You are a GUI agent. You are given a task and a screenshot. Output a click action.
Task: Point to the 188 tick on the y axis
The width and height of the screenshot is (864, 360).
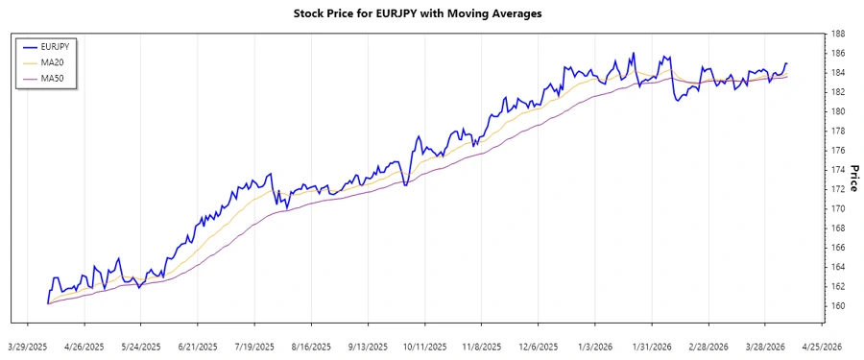pos(838,34)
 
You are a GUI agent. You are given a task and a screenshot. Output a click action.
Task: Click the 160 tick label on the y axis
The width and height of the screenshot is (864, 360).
pos(838,306)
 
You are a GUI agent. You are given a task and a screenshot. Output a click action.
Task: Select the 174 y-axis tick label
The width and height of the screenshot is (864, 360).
pos(838,170)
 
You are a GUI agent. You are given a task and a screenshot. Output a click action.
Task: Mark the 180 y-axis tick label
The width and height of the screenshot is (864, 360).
pos(838,111)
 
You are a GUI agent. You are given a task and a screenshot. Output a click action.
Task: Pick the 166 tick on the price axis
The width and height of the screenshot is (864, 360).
pos(838,248)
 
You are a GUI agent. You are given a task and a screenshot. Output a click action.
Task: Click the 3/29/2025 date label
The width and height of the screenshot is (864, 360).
pos(28,346)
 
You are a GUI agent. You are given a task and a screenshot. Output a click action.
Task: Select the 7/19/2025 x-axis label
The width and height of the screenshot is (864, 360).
pos(254,346)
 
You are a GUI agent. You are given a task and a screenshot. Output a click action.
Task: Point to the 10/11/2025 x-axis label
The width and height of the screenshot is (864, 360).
pos(423,346)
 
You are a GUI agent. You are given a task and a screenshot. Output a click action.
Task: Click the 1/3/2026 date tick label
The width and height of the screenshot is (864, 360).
pos(594,346)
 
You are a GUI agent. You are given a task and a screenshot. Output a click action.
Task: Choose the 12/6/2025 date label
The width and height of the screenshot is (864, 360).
pos(537,346)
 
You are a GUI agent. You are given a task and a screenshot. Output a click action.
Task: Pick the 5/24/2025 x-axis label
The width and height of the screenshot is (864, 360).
pos(141,346)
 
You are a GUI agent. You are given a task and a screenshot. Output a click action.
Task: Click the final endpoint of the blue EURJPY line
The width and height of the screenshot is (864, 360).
pos(786,64)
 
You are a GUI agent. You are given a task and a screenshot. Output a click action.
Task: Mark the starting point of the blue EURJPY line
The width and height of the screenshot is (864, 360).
pos(47,303)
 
